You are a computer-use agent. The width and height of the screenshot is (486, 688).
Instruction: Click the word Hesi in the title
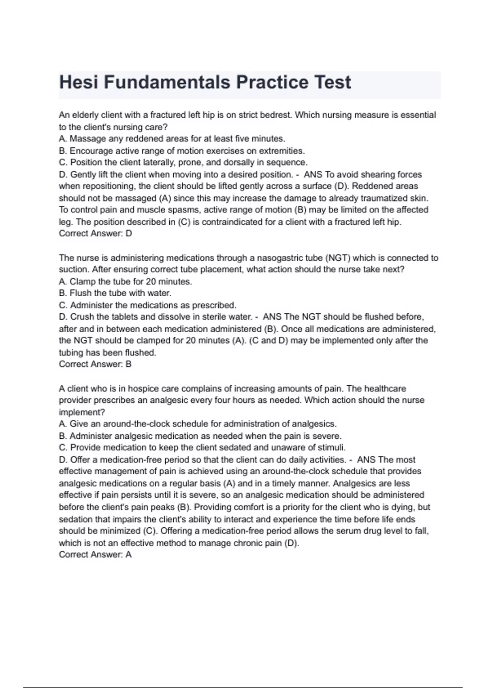(x=79, y=83)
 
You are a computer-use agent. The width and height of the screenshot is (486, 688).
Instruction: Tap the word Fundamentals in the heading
(x=167, y=83)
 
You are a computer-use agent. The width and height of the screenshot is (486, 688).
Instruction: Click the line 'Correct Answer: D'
(x=96, y=234)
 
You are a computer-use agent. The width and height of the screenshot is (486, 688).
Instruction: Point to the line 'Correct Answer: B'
(x=95, y=364)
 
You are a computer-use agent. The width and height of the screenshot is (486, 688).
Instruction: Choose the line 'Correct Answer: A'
(x=95, y=554)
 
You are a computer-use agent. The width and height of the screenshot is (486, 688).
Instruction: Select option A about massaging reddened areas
(x=172, y=139)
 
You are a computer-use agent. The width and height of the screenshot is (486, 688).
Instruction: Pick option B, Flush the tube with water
(x=115, y=293)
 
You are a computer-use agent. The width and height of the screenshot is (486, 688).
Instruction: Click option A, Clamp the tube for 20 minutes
(x=126, y=281)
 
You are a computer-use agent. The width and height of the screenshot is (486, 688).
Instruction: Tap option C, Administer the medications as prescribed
(x=148, y=305)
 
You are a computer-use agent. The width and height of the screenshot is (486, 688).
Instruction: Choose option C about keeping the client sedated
(x=202, y=448)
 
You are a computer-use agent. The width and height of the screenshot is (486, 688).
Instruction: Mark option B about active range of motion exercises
(x=182, y=151)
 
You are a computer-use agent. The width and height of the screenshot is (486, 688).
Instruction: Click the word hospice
(x=143, y=389)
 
